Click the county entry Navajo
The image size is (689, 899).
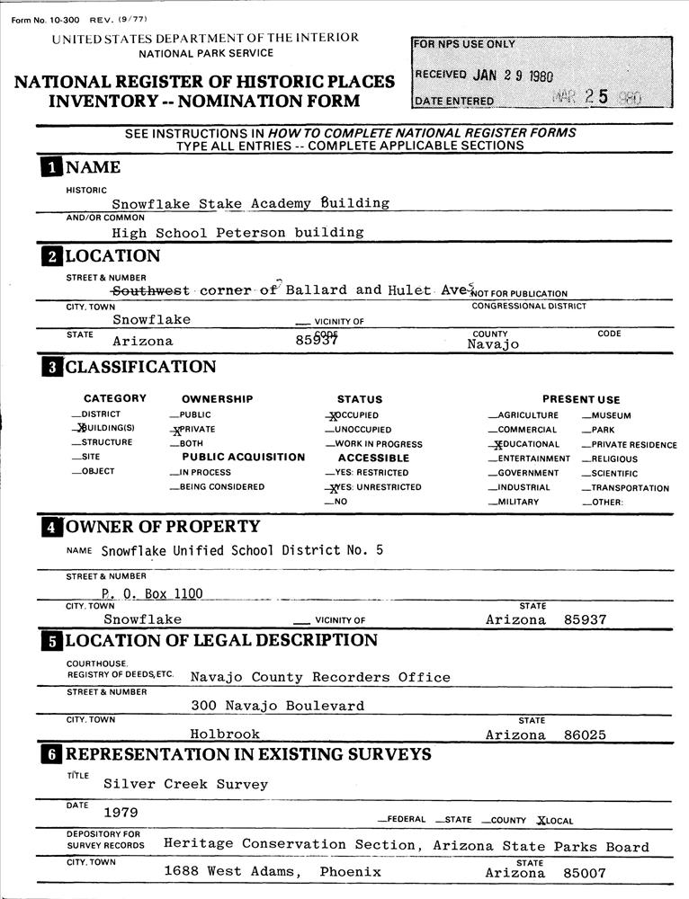click(x=493, y=344)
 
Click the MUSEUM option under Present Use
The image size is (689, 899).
click(x=611, y=415)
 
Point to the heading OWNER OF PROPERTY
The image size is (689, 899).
click(x=162, y=527)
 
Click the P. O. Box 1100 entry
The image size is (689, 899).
click(x=152, y=592)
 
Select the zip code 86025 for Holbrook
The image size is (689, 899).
click(x=585, y=734)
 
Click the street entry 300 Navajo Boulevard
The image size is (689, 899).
click(x=277, y=706)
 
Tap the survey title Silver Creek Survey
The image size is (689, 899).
click(x=185, y=784)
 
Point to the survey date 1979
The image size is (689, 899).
click(x=121, y=813)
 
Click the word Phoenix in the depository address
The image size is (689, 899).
click(x=350, y=872)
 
